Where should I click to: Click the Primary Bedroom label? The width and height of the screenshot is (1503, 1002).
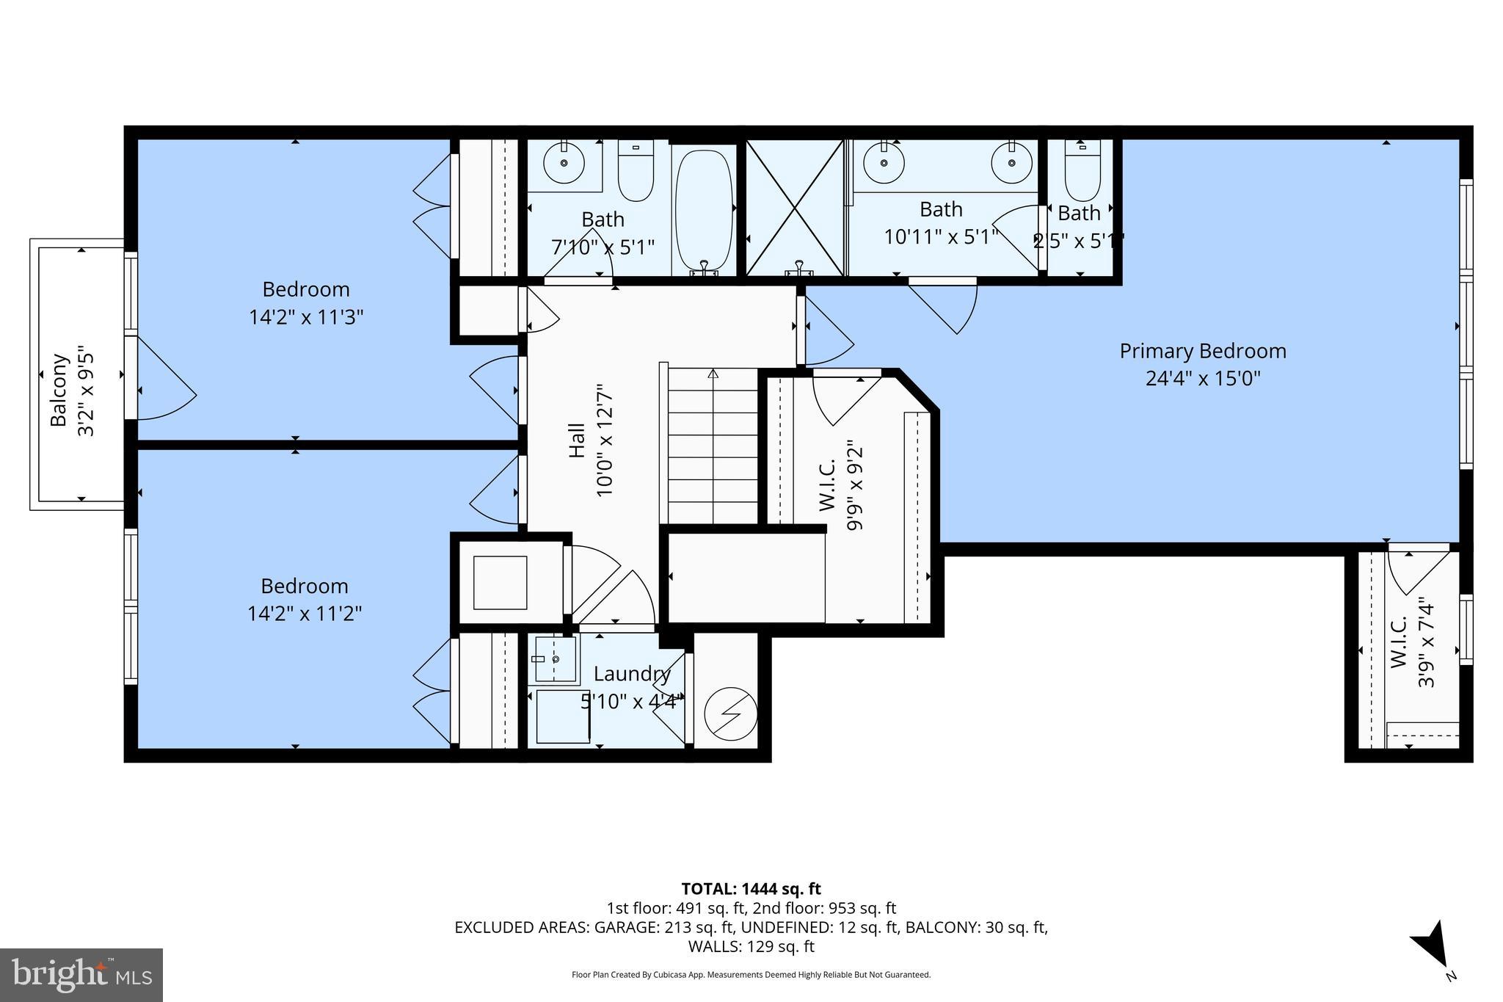click(1202, 351)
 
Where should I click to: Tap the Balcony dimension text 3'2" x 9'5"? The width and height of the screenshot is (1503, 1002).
click(87, 391)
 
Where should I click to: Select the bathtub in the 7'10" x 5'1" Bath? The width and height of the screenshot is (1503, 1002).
click(703, 209)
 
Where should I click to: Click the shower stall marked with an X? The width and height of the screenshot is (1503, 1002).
click(795, 208)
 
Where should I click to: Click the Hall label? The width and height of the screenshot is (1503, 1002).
click(578, 440)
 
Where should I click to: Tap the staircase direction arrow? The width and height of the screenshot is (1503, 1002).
click(713, 374)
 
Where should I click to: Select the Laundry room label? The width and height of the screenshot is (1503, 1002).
click(631, 673)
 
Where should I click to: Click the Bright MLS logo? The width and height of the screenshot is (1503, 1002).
click(81, 974)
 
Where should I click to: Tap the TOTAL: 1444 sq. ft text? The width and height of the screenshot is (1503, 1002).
click(751, 889)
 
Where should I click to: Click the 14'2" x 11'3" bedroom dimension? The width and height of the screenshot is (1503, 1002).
click(306, 317)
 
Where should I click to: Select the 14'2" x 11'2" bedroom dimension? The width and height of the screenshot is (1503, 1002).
click(305, 613)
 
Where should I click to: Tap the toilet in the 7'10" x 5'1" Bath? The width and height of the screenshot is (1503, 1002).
click(636, 170)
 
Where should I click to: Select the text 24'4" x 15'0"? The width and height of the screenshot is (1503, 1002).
click(1202, 378)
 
